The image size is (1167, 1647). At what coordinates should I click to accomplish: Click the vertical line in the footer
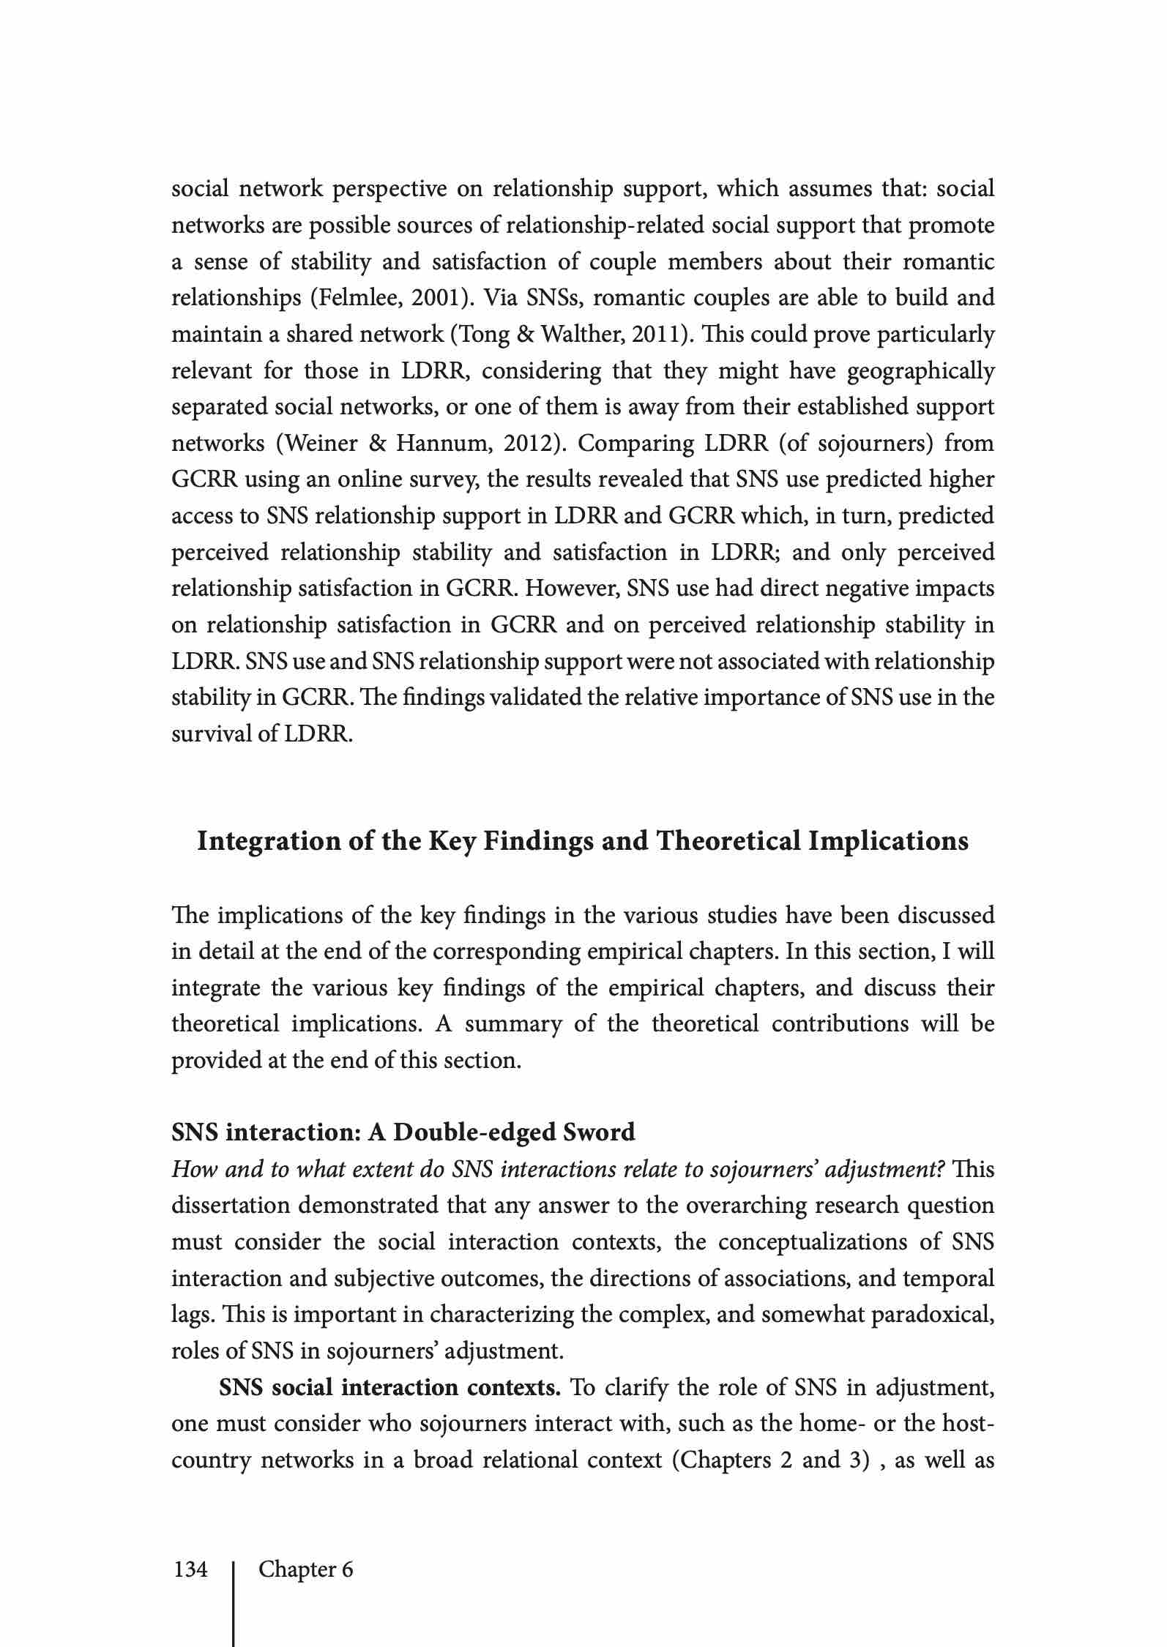pos(234,1603)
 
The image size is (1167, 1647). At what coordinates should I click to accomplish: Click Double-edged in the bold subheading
pos(474,1132)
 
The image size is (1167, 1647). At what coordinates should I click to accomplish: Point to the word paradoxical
pos(931,1315)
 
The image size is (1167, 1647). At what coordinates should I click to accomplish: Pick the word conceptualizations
pos(829,1242)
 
